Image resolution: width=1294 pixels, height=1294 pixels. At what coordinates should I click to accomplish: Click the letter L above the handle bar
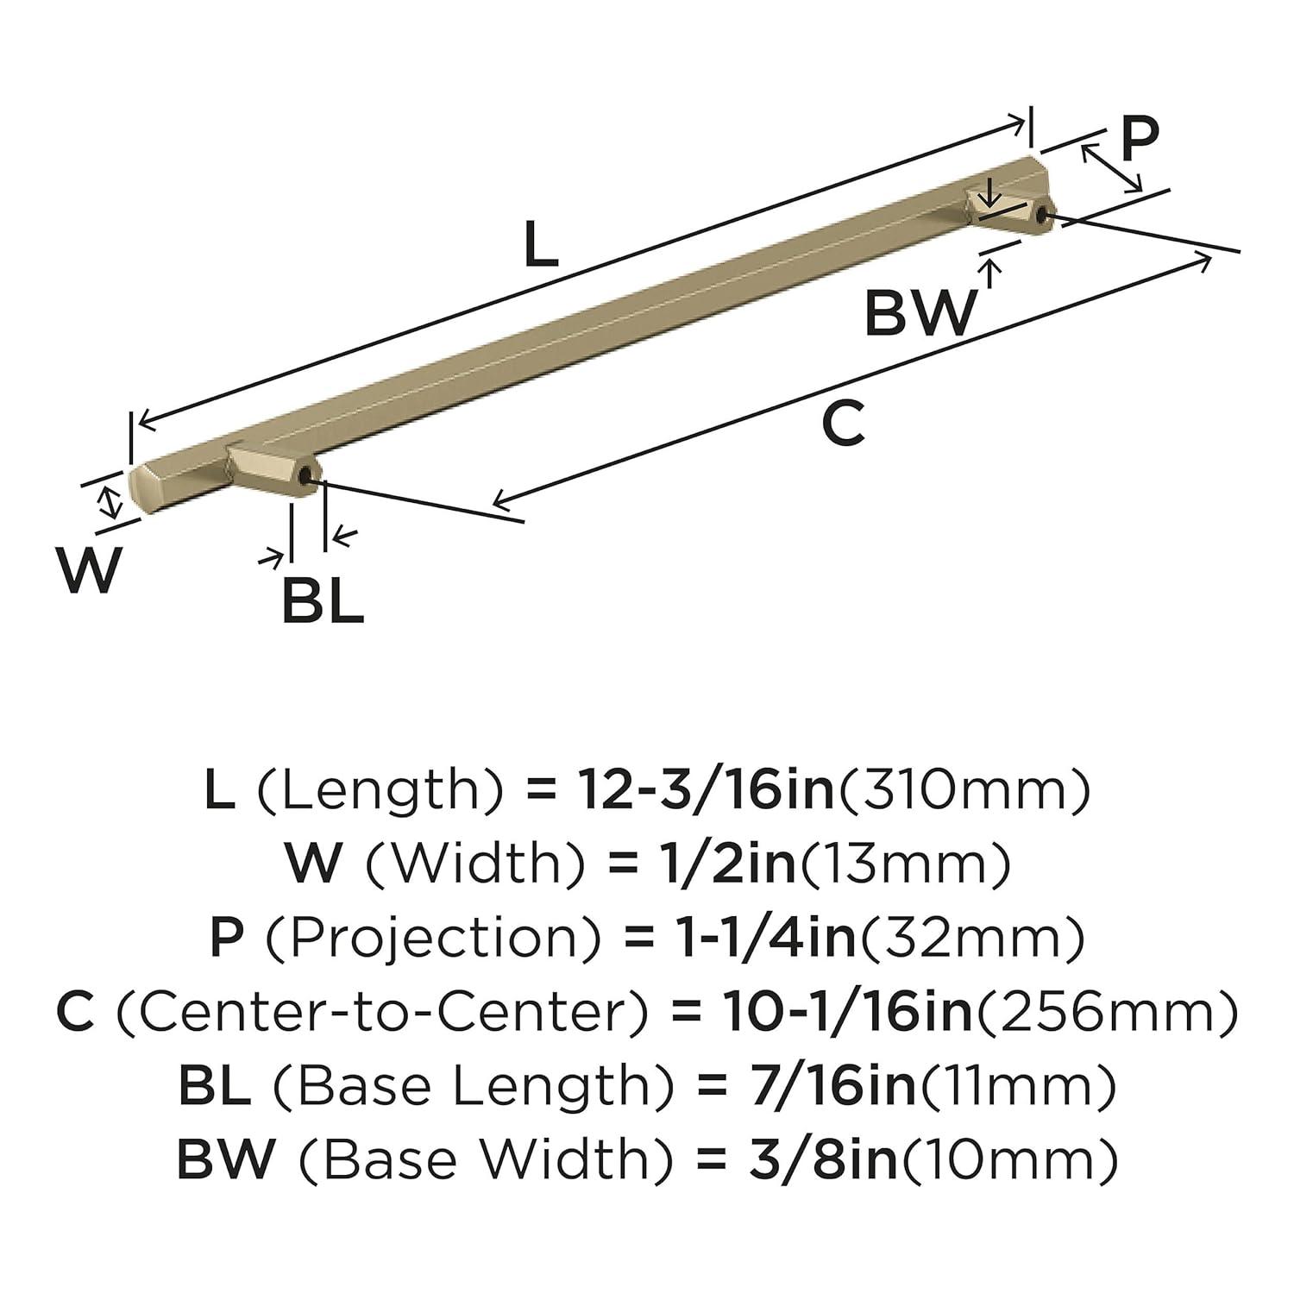[x=542, y=245]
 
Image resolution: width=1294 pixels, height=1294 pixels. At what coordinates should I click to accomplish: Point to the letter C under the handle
[x=842, y=424]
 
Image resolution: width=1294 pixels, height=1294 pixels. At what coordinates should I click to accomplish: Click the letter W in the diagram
[x=90, y=570]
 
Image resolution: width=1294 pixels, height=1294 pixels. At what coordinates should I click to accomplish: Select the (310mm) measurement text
[x=964, y=790]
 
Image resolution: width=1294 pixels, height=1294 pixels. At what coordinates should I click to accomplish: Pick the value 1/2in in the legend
[x=724, y=864]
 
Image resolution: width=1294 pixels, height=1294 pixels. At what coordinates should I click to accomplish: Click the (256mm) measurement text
[x=1107, y=1013]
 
